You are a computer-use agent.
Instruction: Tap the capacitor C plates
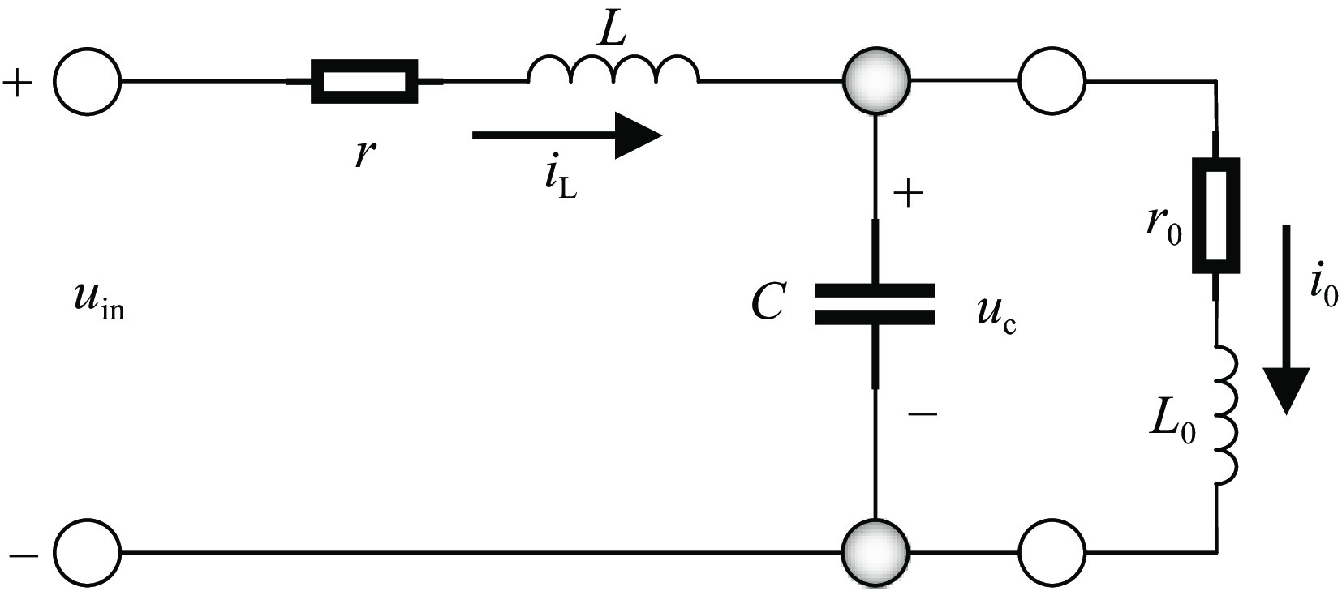tap(875, 304)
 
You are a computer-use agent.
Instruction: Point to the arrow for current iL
tap(567, 135)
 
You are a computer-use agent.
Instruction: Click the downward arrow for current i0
tap(1285, 319)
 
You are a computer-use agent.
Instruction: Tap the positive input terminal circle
tap(88, 81)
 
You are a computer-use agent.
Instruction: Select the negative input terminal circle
tap(88, 551)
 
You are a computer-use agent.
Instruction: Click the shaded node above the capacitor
tap(876, 79)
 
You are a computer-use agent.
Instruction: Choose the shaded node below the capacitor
tap(876, 551)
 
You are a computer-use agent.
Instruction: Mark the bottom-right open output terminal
tap(1052, 551)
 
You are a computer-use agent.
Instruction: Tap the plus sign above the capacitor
tap(908, 195)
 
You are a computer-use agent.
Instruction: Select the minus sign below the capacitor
tap(923, 413)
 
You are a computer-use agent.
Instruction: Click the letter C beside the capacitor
tap(768, 301)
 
